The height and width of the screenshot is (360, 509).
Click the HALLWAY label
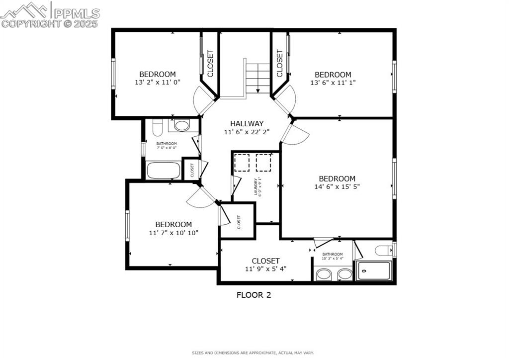pos(247,123)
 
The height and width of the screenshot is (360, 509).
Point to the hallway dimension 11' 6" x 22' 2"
pos(247,132)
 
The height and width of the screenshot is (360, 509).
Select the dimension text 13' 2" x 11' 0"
pos(157,83)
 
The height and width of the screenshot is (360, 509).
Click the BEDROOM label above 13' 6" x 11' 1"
pos(333,75)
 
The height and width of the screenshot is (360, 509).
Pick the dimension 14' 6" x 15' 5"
pos(337,187)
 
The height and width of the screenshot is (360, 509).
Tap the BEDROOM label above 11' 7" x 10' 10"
pos(173,224)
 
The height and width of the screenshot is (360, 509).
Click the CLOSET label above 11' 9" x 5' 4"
pos(265,261)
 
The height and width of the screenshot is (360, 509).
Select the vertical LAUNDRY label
pos(256,186)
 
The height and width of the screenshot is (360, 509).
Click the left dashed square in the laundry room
pos(242,163)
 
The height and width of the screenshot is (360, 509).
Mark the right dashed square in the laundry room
pos(263,163)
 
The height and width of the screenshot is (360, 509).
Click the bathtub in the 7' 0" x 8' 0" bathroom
pos(163,170)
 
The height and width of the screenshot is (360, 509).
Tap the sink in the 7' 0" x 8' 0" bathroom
pos(181,125)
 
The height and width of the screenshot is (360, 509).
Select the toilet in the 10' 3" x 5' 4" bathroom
pos(384,250)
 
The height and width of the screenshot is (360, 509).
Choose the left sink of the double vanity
pos(324,274)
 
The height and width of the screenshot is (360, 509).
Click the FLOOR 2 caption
pos(254,295)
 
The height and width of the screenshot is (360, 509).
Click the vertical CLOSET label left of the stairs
pos(210,63)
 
